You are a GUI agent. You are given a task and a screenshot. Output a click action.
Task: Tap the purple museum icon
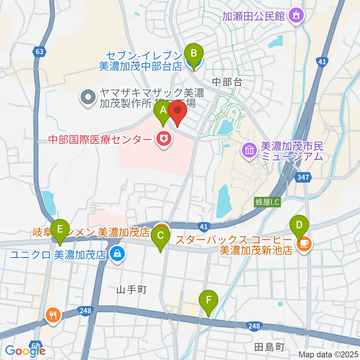pos(249,151)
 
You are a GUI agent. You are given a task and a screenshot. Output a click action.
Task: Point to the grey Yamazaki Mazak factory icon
pos(88,97)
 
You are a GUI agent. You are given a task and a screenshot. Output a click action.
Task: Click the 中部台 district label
pos(228,82)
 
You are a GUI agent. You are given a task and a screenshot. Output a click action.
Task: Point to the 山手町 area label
pos(131,289)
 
